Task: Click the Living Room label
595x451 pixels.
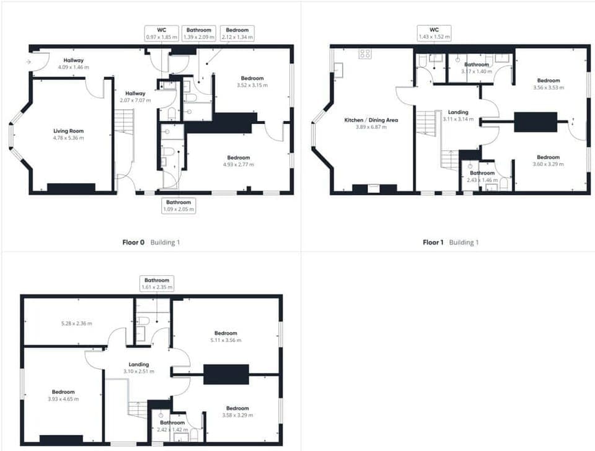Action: [68, 134]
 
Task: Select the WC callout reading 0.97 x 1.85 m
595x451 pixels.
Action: [162, 33]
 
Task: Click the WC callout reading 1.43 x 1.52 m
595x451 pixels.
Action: [434, 33]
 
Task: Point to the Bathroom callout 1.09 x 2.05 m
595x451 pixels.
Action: [179, 206]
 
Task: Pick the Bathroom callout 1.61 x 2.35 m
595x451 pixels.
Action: [156, 284]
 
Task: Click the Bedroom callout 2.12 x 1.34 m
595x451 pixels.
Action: [237, 33]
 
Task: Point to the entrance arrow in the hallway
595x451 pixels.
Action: [29, 62]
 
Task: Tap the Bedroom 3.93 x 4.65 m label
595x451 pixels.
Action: [63, 395]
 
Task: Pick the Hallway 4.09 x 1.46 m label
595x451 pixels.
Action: [71, 63]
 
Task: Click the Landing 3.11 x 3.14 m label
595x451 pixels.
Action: [459, 115]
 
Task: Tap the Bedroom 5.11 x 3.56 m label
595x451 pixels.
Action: [226, 336]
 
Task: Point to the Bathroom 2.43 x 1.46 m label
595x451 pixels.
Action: [482, 176]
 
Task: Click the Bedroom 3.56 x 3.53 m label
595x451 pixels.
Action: [549, 84]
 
